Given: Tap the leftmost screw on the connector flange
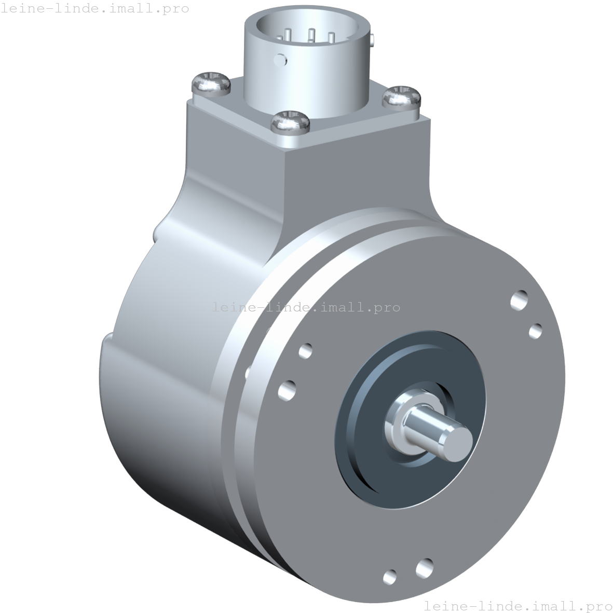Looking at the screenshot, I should point(211,83).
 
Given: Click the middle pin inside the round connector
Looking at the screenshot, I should point(311,35).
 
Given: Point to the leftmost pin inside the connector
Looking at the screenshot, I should point(288,36).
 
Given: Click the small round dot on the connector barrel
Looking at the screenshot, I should point(281,59).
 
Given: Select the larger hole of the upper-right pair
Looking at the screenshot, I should point(519,300).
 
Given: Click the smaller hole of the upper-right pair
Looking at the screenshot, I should point(535,331).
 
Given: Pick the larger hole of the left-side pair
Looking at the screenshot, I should point(287,390).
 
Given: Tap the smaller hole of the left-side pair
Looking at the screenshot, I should point(305,351).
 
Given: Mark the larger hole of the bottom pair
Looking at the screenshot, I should point(424,568).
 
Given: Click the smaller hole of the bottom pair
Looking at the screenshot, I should point(389,576).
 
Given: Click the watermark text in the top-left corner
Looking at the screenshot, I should point(94,8).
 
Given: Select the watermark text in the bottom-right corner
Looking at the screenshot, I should point(517,605).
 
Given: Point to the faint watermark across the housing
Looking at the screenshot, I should point(306,307).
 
